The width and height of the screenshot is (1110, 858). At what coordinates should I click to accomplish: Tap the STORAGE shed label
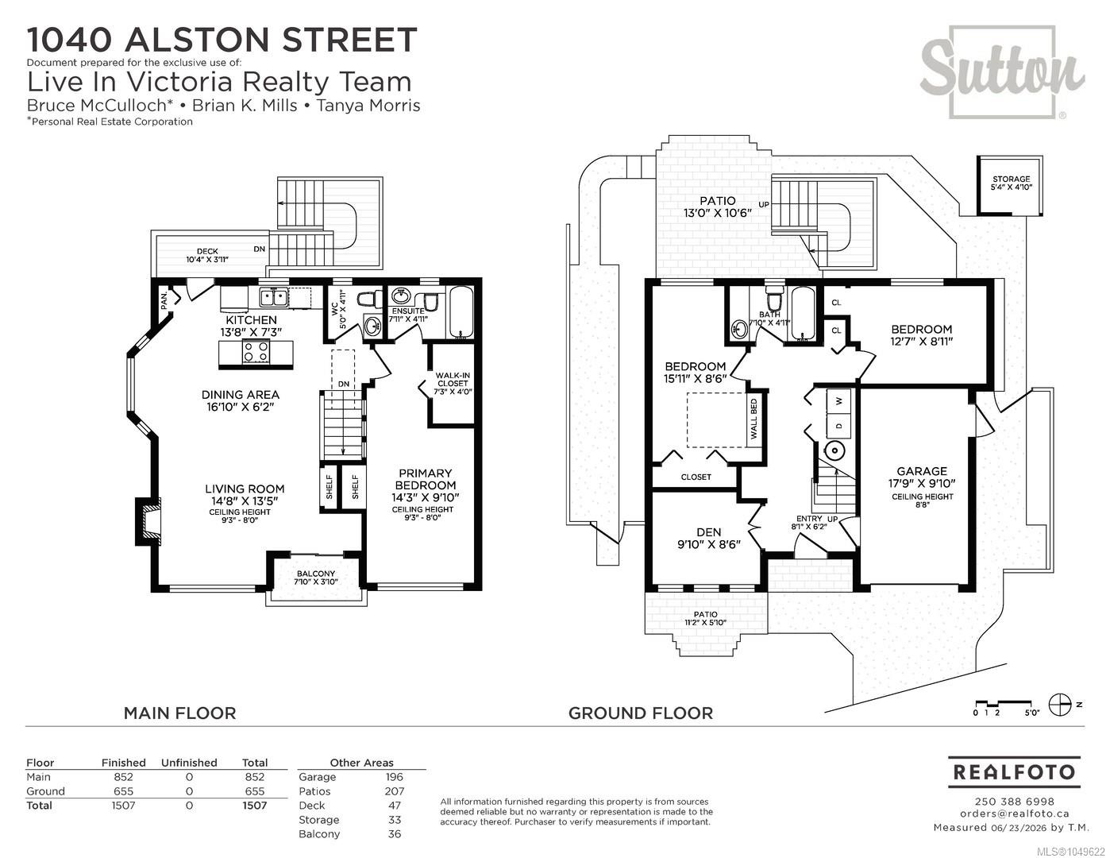coord(1011,183)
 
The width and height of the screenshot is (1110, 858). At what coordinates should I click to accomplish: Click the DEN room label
coord(709,538)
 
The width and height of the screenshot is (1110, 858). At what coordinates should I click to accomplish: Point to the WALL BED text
coord(753,419)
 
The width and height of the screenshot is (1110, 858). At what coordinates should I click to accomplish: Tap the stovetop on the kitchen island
coord(256,352)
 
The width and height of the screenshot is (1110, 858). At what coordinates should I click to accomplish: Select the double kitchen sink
coord(273,297)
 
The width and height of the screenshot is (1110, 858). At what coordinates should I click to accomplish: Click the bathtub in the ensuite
coord(461,313)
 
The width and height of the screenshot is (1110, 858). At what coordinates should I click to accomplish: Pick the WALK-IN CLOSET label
coord(453,383)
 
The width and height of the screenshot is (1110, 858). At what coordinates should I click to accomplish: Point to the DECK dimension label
coord(207,255)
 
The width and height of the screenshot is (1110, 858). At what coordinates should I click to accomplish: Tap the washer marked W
coord(839,401)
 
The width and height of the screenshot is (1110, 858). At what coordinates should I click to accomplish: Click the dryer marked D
coord(839,426)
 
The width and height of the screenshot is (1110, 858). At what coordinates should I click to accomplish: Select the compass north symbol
coord(1060,705)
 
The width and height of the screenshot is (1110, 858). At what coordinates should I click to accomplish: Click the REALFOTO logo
coord(1014,772)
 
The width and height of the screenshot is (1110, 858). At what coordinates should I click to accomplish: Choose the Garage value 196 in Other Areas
coord(394,777)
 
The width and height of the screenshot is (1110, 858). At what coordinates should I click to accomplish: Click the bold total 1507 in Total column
coord(254,806)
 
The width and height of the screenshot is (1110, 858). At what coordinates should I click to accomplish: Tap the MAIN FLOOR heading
coord(179,713)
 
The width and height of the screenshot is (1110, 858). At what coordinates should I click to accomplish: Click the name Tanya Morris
coord(368,106)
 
